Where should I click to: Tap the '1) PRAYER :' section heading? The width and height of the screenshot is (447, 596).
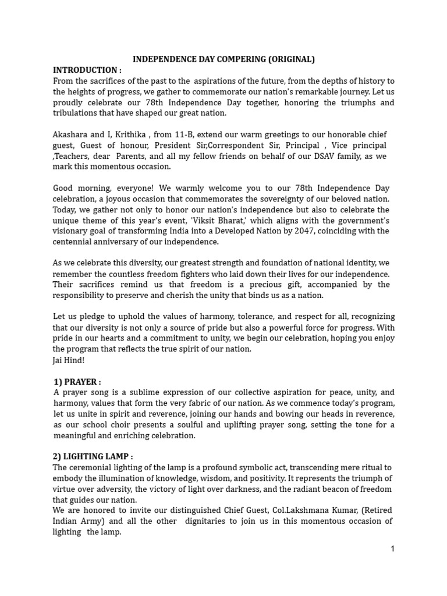click(77, 382)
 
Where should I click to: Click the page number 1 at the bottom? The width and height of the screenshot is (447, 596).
click(392, 549)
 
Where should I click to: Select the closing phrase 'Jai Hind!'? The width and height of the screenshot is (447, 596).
click(69, 360)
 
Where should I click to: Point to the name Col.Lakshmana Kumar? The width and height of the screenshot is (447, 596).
click(312, 510)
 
